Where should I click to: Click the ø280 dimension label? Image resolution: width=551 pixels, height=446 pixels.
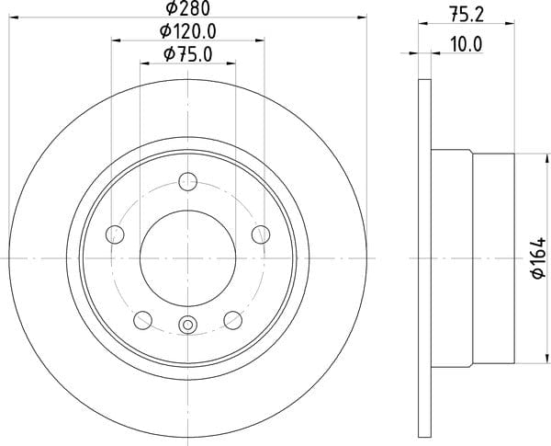(188, 8)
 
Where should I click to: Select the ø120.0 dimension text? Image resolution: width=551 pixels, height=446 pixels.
(187, 31)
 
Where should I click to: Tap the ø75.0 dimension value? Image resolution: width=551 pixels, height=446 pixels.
(188, 54)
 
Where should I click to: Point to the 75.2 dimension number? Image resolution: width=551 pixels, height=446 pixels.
(467, 15)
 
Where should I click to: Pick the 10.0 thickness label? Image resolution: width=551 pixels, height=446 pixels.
(467, 45)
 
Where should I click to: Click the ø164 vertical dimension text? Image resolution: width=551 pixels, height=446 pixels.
(538, 258)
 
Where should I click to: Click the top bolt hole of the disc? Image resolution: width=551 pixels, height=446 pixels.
(188, 182)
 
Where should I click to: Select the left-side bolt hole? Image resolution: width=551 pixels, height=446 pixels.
(115, 234)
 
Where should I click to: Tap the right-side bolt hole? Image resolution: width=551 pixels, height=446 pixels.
(261, 234)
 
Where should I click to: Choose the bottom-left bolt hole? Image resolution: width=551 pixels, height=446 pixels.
(143, 320)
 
